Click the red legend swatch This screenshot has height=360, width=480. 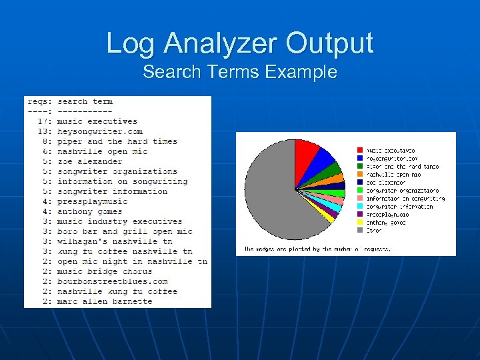pos(360,151)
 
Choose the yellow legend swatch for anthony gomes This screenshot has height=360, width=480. pos(360,223)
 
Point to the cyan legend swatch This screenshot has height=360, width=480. pos(360,207)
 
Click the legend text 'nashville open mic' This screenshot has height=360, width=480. pos(394,175)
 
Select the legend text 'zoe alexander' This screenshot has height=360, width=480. pos(387,183)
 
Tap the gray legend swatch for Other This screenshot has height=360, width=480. pos(360,231)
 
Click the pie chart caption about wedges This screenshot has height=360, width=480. pos(317,249)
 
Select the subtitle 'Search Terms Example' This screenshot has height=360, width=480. pos(240,72)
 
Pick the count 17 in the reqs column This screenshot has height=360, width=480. pos(43,121)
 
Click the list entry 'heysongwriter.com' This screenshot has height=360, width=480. pos(100,131)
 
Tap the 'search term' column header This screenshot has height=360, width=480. pos(85,101)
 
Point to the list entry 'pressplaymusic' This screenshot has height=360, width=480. pos(93,201)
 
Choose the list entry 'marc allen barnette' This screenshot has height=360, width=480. pos(105,301)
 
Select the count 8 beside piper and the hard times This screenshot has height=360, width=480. pos(45,141)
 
